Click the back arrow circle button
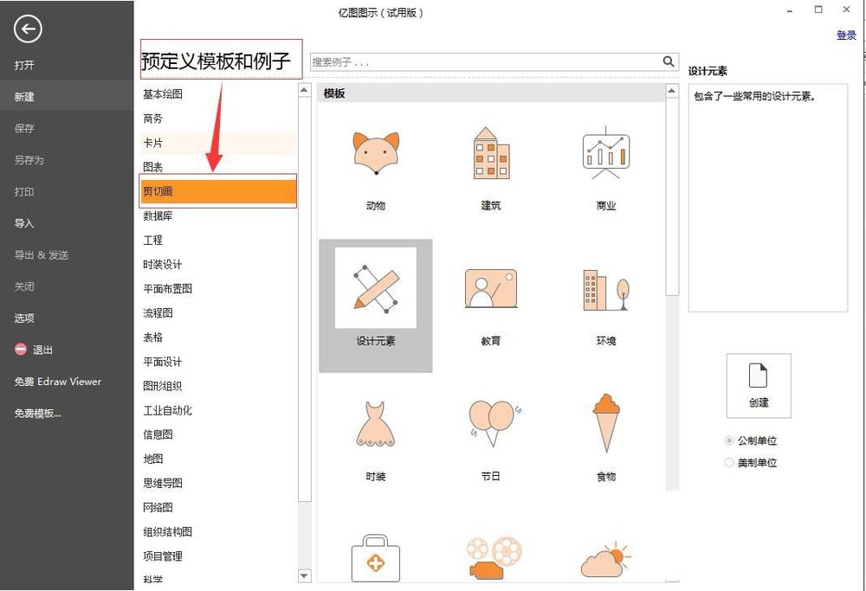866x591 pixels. pyautogui.click(x=28, y=30)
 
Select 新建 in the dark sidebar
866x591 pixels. pyautogui.click(x=24, y=97)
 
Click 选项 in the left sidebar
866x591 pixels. pyautogui.click(x=24, y=318)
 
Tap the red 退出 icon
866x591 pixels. pyautogui.click(x=21, y=350)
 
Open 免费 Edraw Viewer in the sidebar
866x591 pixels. pyautogui.click(x=58, y=382)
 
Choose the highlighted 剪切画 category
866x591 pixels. pyautogui.click(x=218, y=191)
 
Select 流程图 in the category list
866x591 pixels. pyautogui.click(x=158, y=313)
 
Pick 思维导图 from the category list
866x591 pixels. pyautogui.click(x=163, y=484)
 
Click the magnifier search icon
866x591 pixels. pyautogui.click(x=669, y=61)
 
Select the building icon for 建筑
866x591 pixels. pyautogui.click(x=491, y=154)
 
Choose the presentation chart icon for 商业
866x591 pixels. pyautogui.click(x=605, y=154)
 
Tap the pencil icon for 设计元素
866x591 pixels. pyautogui.click(x=376, y=288)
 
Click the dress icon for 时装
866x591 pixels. pyautogui.click(x=376, y=423)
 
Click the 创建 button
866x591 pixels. pyautogui.click(x=759, y=385)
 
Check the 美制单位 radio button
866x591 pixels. pyautogui.click(x=729, y=463)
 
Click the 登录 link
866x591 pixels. pyautogui.click(x=846, y=35)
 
